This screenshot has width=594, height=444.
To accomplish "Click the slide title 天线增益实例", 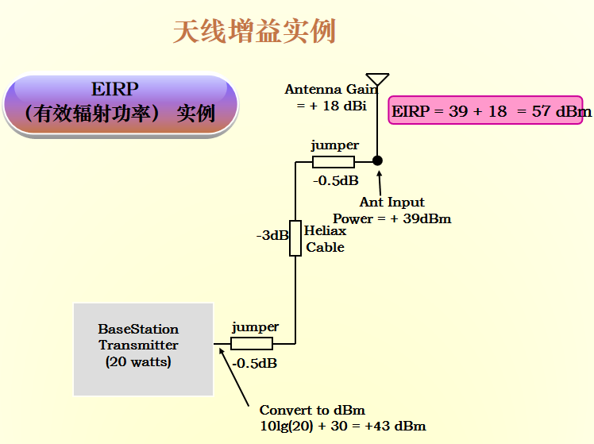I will click(254, 32).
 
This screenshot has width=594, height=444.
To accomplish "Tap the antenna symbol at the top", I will click(378, 79).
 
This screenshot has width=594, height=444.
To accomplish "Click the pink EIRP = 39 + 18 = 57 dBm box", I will click(491, 111).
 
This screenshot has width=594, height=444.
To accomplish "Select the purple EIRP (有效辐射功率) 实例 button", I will click(120, 104).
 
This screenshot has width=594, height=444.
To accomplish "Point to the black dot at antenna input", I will click(378, 160).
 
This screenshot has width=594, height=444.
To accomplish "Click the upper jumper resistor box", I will click(334, 162).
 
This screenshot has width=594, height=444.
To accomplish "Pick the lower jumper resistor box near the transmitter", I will click(252, 344).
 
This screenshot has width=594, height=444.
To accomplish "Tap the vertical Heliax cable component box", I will click(295, 237).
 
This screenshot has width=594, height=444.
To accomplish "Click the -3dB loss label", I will click(272, 236).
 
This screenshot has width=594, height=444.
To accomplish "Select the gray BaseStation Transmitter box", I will click(143, 349).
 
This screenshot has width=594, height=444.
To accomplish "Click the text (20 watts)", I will click(138, 362).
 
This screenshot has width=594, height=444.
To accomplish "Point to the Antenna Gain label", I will click(330, 90).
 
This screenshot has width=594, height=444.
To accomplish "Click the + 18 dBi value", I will click(331, 106).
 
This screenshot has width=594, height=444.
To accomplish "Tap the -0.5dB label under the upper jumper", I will click(336, 181).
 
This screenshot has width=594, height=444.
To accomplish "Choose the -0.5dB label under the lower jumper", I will click(254, 364).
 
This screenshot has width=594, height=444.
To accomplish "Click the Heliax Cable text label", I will click(326, 239).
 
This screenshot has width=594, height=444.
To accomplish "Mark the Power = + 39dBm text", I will click(392, 219).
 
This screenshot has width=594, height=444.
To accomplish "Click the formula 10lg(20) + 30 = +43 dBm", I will click(342, 427).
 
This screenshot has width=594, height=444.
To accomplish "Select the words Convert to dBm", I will click(312, 411).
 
